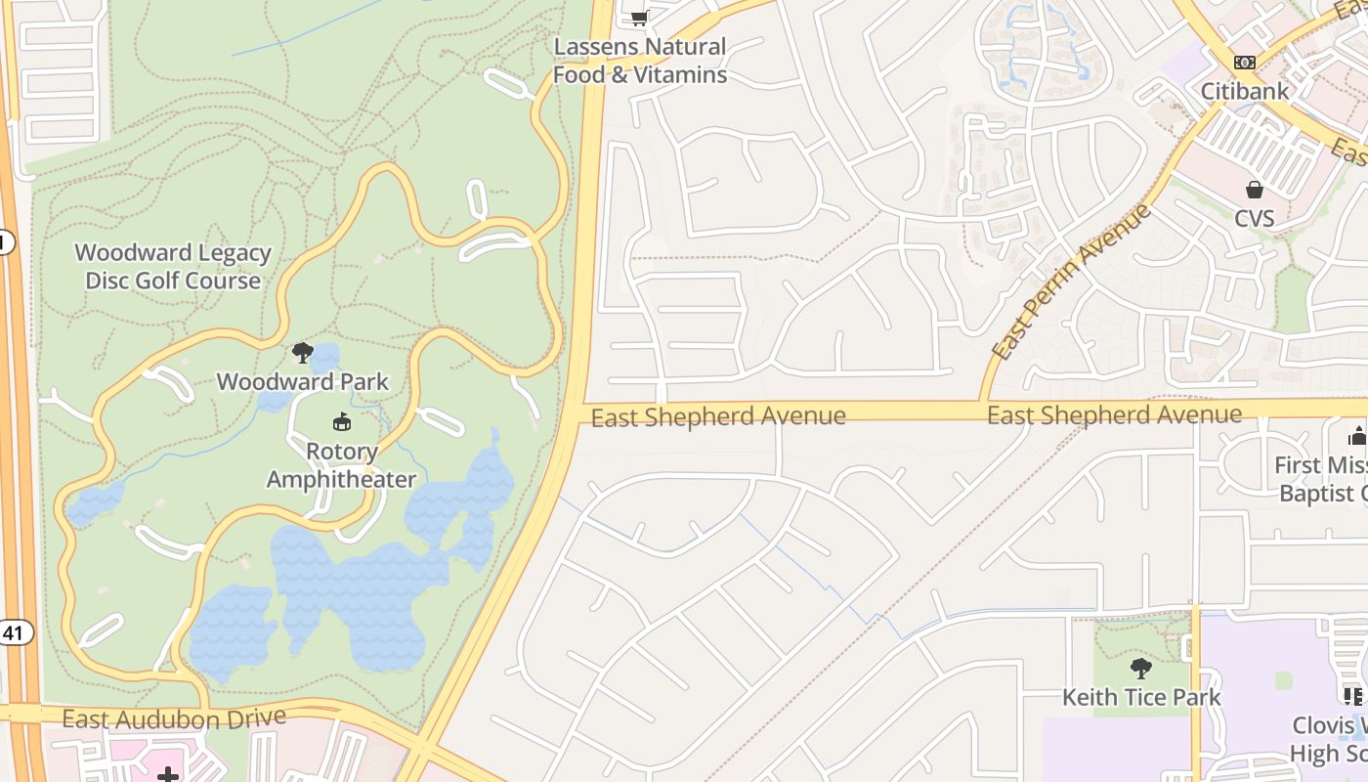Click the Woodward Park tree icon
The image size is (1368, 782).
click(x=303, y=353)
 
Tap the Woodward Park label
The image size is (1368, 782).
click(x=303, y=381)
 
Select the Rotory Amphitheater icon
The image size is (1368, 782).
click(x=341, y=422)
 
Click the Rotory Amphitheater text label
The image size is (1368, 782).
click(x=341, y=466)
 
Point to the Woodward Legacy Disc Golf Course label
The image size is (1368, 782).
click(x=173, y=267)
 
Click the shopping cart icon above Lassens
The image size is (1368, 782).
click(x=639, y=17)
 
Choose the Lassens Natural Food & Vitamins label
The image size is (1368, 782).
click(x=640, y=61)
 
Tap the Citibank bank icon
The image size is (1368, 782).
click(x=1244, y=63)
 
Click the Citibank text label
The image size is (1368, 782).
click(x=1244, y=91)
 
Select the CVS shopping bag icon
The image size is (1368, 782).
click(x=1254, y=190)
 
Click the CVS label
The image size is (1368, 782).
click(x=1254, y=218)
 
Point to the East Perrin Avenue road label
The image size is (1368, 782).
click(x=1072, y=281)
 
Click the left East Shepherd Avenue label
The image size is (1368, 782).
click(x=718, y=417)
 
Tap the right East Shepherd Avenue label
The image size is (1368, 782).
click(x=1114, y=415)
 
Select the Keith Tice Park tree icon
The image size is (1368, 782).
click(x=1140, y=669)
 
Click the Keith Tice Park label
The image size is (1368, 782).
click(x=1141, y=697)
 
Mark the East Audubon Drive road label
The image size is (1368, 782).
click(x=174, y=718)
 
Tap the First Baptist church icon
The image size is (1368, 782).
click(x=1357, y=436)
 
